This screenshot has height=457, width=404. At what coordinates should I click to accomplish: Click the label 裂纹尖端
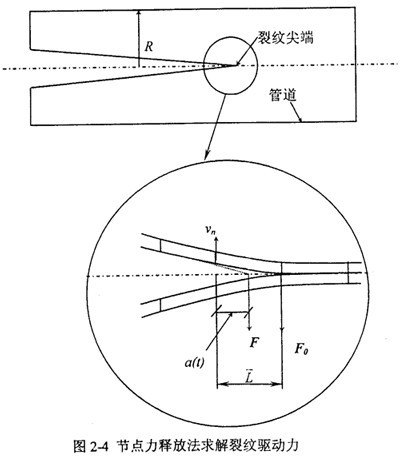(286, 37)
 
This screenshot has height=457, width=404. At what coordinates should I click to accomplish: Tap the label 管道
(283, 96)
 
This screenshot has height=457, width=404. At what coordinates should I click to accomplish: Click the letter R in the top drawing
(149, 47)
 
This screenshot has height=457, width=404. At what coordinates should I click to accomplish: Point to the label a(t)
(195, 362)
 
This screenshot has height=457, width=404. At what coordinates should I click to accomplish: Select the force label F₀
(301, 349)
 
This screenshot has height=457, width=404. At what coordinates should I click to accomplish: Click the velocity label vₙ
(210, 229)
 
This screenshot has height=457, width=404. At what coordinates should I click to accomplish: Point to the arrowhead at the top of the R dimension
(139, 14)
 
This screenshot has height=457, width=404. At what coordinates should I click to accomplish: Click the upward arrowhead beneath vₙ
(216, 240)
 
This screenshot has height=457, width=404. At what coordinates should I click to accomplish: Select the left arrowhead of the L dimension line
(221, 384)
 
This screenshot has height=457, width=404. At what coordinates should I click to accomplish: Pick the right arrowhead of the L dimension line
(278, 384)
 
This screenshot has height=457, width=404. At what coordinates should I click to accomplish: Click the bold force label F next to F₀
(254, 342)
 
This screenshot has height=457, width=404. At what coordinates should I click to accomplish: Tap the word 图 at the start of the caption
(80, 446)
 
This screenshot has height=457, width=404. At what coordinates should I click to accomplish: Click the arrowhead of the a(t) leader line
(229, 316)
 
